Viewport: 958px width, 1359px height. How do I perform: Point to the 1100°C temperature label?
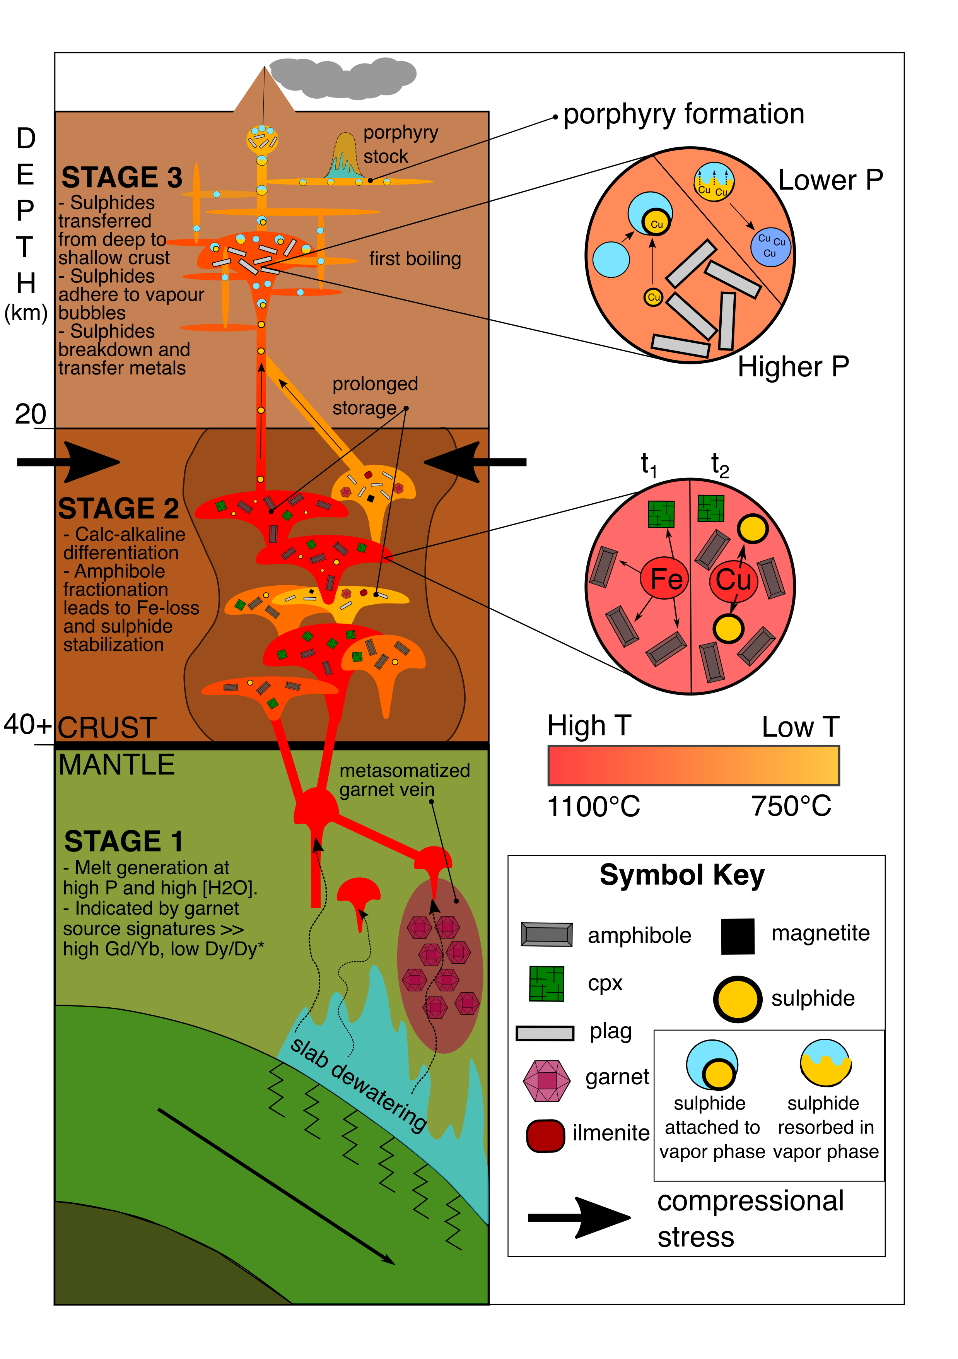pos(594,806)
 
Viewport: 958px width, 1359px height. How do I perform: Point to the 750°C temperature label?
pos(791,806)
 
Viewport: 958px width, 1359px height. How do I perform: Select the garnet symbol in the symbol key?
pos(546,1080)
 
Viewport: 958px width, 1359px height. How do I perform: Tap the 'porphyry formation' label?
pos(683,114)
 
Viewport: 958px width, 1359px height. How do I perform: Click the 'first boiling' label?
pos(415,259)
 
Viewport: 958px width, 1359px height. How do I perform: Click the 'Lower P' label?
pos(830,180)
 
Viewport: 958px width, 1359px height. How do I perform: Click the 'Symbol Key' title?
pos(682,875)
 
